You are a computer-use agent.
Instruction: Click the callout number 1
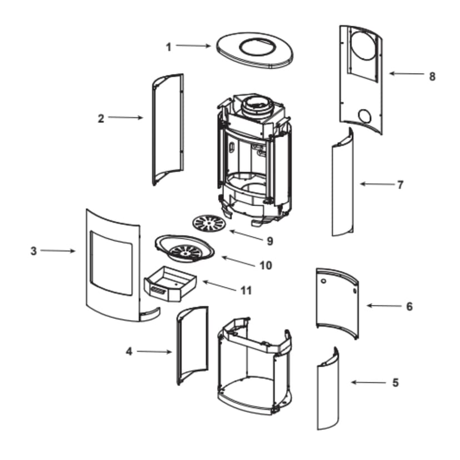(x=169, y=47)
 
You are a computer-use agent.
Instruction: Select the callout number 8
(x=432, y=76)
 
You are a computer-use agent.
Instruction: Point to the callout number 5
(x=395, y=383)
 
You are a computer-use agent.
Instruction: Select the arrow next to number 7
(x=373, y=184)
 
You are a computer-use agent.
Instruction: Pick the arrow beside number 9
(x=244, y=235)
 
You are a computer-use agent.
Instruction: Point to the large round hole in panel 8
(x=364, y=48)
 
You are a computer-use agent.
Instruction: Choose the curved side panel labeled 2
(x=167, y=129)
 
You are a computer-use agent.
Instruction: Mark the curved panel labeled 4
(x=191, y=344)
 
